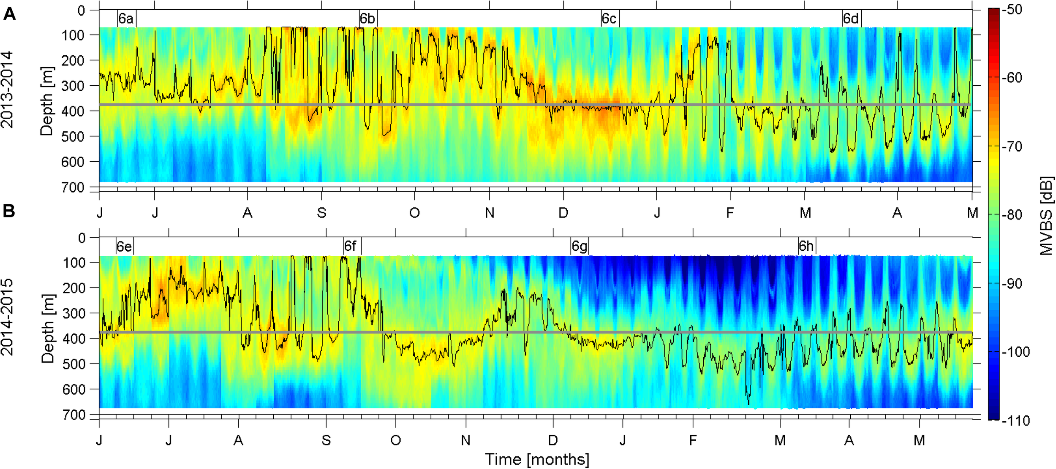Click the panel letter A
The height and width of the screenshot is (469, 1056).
(9, 15)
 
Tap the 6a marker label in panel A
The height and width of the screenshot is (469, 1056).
(126, 19)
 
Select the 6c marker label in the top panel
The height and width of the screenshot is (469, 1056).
(609, 19)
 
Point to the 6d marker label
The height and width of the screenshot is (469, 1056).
(850, 19)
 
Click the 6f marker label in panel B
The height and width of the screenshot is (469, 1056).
(350, 246)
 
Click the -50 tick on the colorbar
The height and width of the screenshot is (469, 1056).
(1012, 9)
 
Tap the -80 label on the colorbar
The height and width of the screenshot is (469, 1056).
(1012, 215)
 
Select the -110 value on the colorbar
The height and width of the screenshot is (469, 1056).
(1015, 420)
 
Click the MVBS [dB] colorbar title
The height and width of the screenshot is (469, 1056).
(1046, 216)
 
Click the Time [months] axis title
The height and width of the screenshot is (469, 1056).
(537, 459)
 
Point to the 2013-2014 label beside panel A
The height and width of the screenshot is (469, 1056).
(7, 90)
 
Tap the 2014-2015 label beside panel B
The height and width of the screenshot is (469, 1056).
(7, 317)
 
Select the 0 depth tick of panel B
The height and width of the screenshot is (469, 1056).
(82, 238)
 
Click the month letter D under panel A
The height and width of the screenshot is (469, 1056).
(563, 213)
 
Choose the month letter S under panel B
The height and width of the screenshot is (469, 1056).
(326, 440)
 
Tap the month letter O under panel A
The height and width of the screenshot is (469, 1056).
(414, 213)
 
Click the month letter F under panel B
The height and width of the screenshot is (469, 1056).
(692, 440)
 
